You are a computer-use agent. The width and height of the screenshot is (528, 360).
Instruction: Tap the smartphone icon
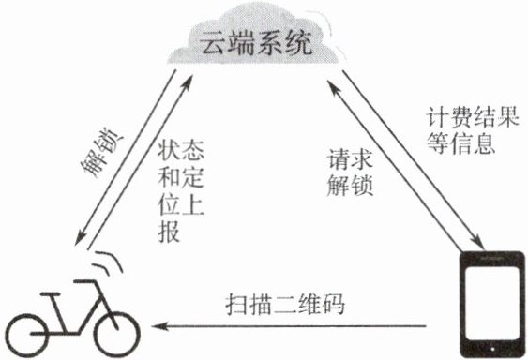point(492,304)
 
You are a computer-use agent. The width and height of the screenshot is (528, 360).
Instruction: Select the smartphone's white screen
point(492,302)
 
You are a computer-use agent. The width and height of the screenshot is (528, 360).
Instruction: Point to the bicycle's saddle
point(51,294)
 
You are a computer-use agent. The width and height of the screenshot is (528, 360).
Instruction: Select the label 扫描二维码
point(285,305)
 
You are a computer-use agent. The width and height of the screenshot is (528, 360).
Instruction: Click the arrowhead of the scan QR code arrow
point(158,326)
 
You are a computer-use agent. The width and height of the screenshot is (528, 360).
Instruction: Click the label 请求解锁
point(350,172)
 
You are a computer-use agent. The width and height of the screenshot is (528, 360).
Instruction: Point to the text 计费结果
point(472,117)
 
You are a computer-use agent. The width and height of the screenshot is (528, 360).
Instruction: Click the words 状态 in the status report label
point(181,150)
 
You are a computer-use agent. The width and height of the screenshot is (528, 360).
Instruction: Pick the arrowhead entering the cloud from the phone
point(333,87)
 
